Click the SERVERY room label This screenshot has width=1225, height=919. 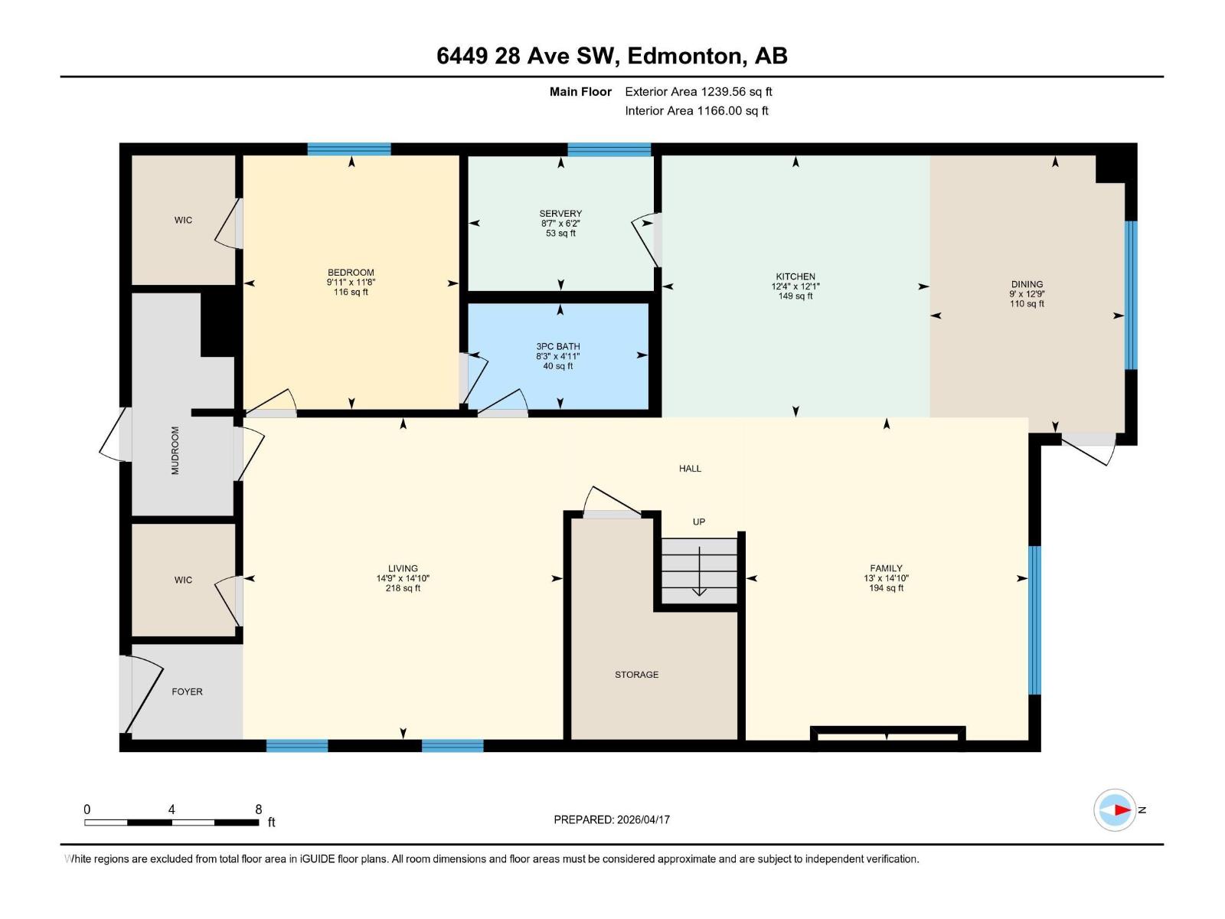click(560, 214)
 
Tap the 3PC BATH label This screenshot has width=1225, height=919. click(557, 346)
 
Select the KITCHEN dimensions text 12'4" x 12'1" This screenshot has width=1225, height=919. click(795, 286)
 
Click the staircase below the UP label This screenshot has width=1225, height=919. click(699, 570)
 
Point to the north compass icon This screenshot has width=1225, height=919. click(1115, 809)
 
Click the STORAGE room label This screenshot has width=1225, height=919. click(636, 675)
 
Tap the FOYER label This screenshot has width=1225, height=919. click(187, 692)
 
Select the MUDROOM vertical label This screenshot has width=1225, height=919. click(175, 450)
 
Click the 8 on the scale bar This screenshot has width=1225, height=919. click(259, 809)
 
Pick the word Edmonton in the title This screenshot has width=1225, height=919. click(687, 56)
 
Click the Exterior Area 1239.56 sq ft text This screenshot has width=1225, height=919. click(698, 91)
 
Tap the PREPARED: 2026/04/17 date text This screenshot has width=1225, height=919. click(612, 819)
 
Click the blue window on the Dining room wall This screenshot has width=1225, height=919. click(1130, 296)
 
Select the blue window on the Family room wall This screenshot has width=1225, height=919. click(1034, 620)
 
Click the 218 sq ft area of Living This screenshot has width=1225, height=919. click(403, 588)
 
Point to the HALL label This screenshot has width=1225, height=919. click(690, 468)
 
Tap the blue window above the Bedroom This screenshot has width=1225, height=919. click(349, 149)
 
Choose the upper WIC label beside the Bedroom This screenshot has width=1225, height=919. click(183, 220)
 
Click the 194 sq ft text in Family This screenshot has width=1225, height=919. click(886, 588)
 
